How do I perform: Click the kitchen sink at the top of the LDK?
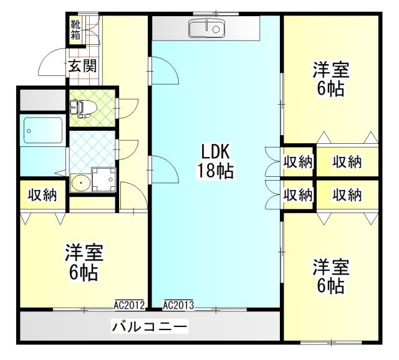tap(206, 29)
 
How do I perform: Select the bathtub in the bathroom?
tap(43, 130)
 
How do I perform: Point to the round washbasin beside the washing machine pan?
tap(80, 182)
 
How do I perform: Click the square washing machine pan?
tap(104, 179)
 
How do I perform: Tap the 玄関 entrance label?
tap(83, 66)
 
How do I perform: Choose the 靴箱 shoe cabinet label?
tap(75, 30)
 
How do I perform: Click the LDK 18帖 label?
tap(216, 161)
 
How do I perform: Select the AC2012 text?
tap(129, 305)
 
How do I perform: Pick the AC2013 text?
tap(178, 305)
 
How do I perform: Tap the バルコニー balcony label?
tap(150, 326)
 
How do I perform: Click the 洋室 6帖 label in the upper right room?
tap(331, 79)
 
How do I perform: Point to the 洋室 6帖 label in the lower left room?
tap(84, 262)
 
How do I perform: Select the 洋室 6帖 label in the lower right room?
tap(331, 276)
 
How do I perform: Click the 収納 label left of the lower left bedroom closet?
tap(42, 195)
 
